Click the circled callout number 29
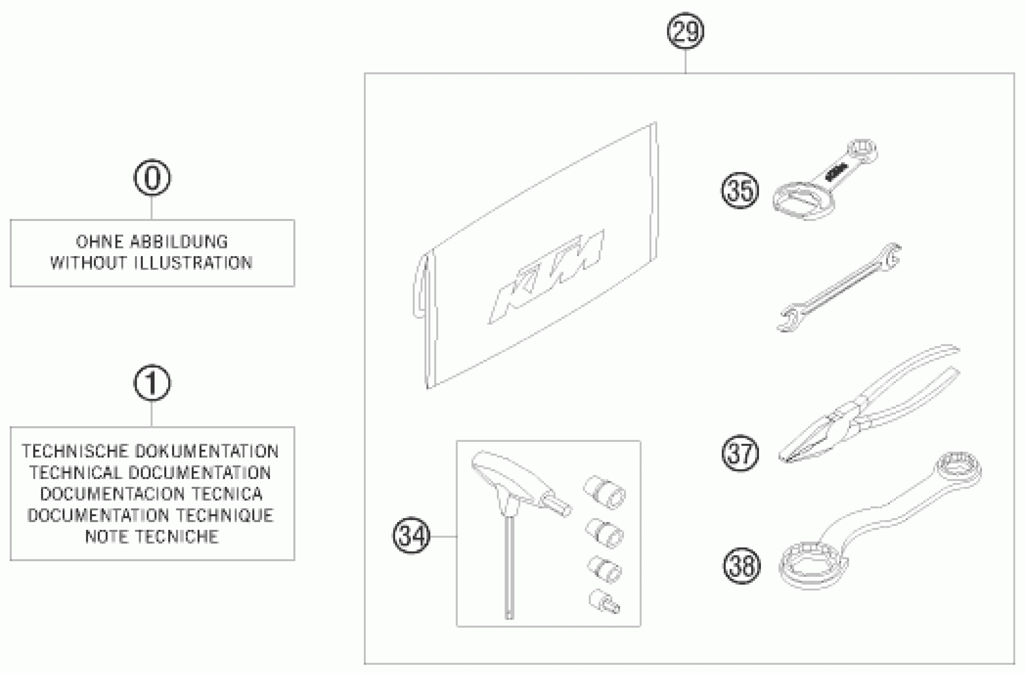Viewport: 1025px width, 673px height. click(685, 31)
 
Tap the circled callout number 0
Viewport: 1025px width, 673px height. click(152, 177)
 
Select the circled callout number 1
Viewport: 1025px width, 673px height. click(152, 383)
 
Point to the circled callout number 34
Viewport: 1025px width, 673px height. click(411, 536)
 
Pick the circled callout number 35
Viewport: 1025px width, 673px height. click(740, 191)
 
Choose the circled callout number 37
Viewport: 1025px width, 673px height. click(740, 453)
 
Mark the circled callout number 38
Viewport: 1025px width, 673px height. click(741, 566)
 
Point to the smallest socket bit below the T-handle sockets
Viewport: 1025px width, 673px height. click(604, 601)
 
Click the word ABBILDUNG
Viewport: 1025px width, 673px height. click(179, 242)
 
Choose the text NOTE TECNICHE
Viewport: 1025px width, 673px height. click(152, 536)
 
